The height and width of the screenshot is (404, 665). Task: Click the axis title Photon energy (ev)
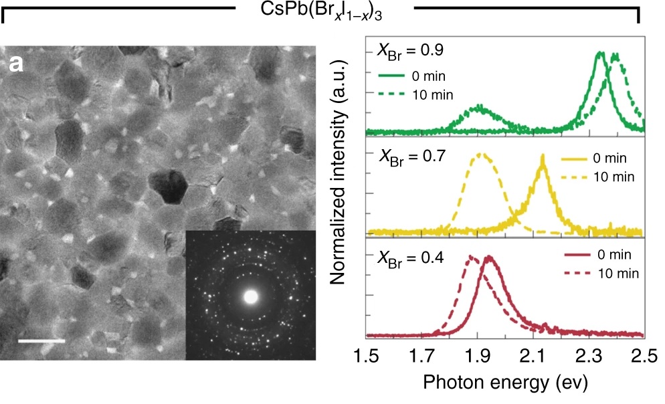coord(504,382)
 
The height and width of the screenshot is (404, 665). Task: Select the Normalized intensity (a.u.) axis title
coord(341,187)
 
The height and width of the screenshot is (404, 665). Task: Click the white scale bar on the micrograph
coord(41,340)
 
